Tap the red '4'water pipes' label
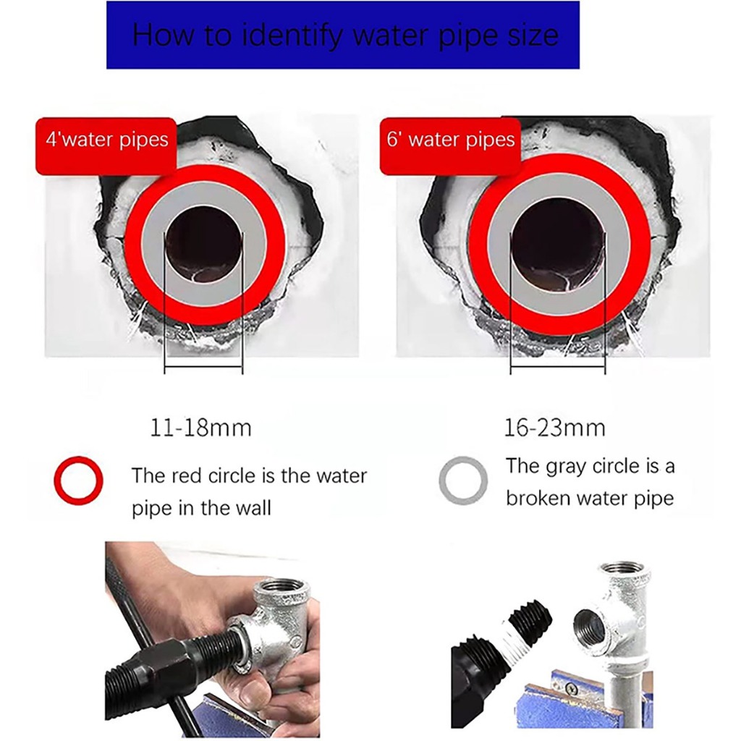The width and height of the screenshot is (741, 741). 106,146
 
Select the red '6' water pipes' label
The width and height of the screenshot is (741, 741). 450,146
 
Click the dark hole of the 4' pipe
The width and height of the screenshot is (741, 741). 204,245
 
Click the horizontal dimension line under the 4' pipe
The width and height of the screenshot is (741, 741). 203,366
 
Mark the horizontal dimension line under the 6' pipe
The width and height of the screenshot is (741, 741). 558,366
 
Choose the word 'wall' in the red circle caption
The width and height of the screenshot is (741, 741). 253,508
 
